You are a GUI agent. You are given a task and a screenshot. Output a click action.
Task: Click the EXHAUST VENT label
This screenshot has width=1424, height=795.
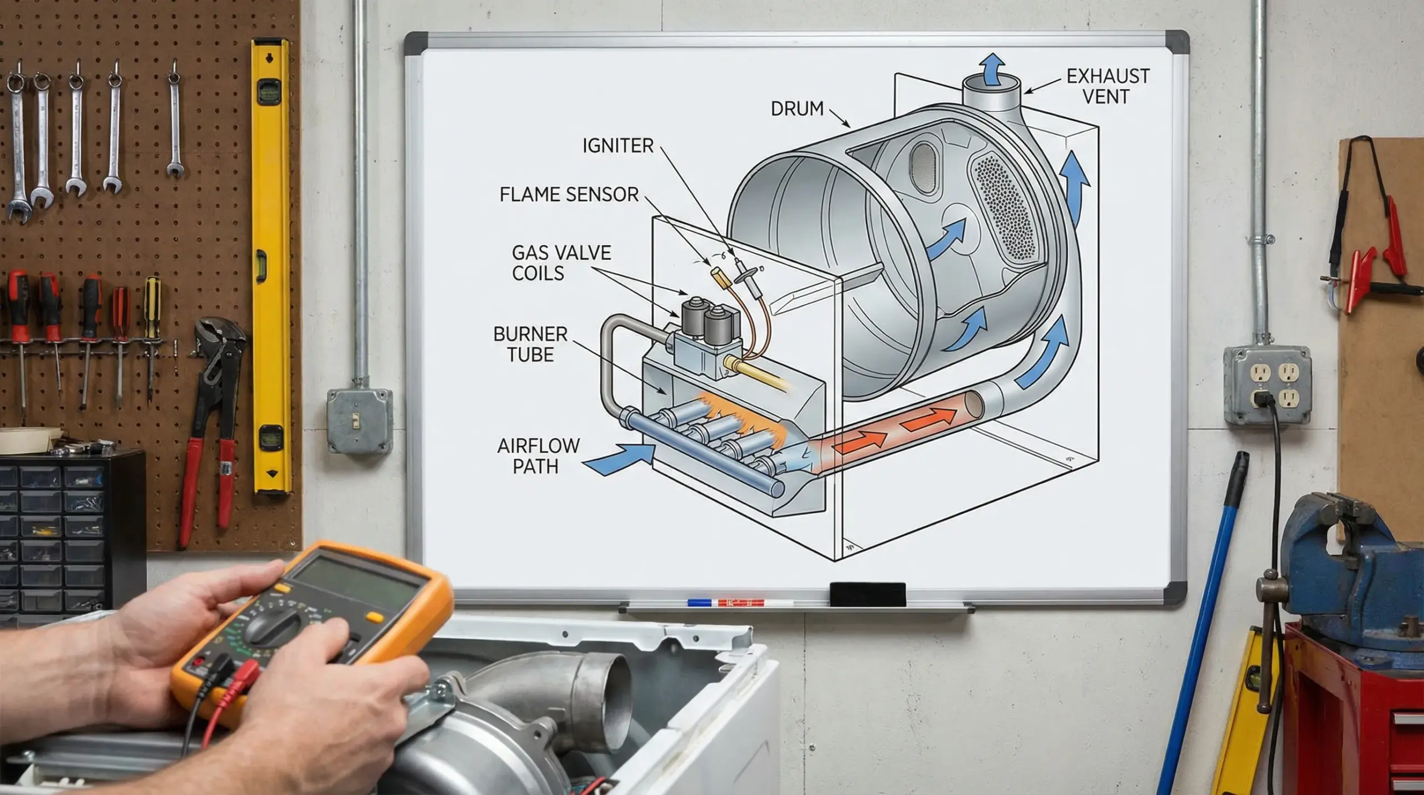click(x=1107, y=86)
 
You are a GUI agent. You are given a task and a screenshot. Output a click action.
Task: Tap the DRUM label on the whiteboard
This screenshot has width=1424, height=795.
click(x=797, y=108)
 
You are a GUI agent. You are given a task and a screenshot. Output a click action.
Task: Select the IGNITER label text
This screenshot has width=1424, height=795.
click(x=617, y=146)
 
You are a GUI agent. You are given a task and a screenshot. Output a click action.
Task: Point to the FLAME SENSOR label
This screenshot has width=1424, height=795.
click(x=568, y=195)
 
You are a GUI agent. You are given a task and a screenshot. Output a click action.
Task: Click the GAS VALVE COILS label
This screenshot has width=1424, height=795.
click(x=560, y=263)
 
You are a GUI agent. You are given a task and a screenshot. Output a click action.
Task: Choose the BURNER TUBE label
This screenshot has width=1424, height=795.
click(x=530, y=344)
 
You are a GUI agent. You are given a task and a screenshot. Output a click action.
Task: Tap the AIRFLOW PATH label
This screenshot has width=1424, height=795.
click(x=537, y=456)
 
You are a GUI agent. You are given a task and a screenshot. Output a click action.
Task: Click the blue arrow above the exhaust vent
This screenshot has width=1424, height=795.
click(x=992, y=70)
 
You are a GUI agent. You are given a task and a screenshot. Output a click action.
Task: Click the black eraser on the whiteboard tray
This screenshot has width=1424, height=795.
click(x=867, y=594)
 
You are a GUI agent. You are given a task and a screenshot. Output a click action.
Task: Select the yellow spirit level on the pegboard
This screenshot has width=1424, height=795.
click(x=271, y=267)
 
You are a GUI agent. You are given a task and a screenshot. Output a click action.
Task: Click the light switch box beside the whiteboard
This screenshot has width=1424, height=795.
click(x=359, y=420)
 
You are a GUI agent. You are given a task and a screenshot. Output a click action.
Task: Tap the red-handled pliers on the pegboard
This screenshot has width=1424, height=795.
click(x=211, y=434)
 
